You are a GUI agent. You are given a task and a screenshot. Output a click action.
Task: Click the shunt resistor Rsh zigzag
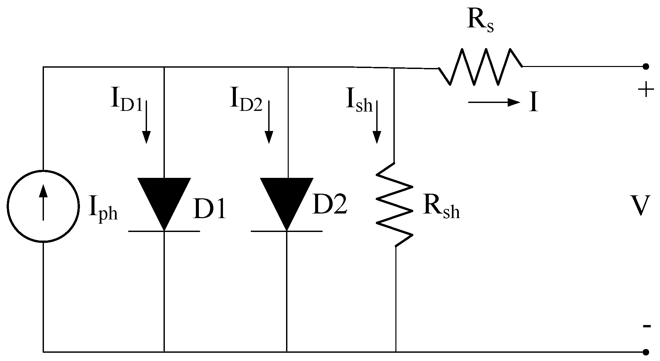point(395,205)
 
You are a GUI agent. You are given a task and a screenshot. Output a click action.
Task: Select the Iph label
point(103,210)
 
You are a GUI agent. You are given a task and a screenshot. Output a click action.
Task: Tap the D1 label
point(210,210)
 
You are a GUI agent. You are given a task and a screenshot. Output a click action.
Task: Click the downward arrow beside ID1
point(146,122)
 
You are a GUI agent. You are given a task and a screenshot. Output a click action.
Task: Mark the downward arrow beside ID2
point(269,122)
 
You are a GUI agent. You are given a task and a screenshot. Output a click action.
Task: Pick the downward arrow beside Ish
point(377,122)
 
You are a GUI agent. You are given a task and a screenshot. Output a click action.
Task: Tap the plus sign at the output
point(646,90)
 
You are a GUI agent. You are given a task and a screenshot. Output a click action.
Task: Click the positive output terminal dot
point(646,67)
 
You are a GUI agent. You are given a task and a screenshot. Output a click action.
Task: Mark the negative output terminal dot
point(646,352)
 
